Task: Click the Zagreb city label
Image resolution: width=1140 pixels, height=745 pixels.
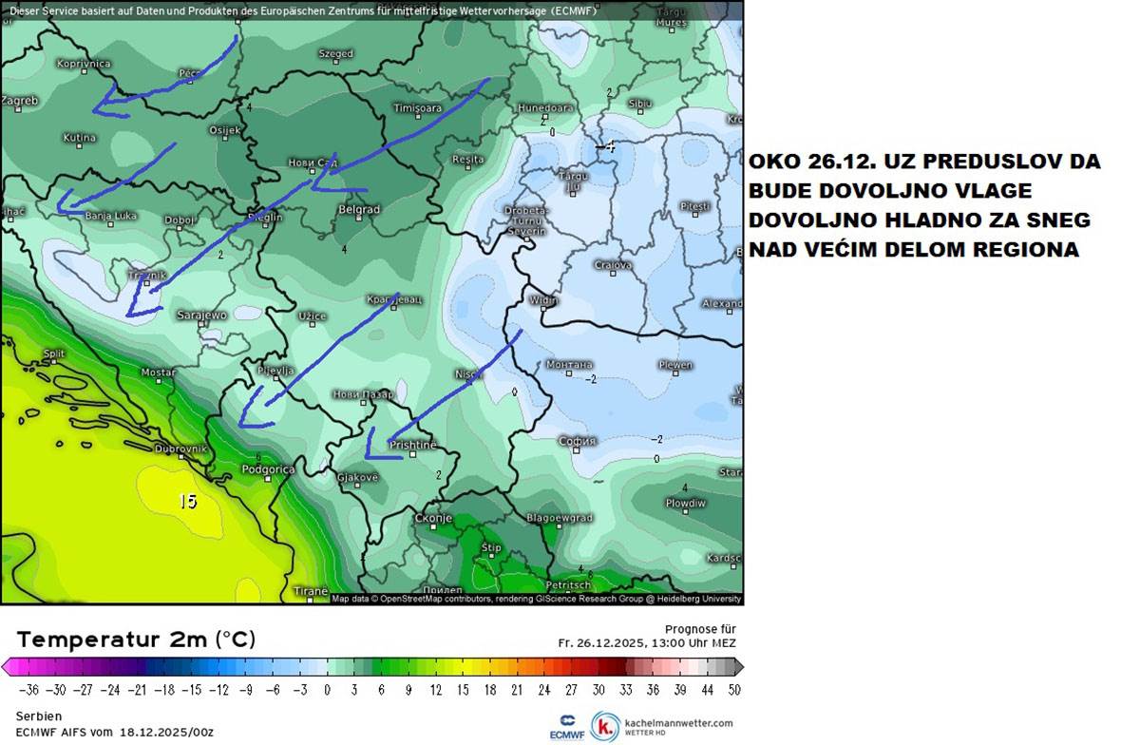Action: tap(20, 100)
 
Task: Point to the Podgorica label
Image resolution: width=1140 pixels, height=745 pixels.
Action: tap(269, 468)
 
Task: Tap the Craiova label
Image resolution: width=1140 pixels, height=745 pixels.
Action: tap(613, 265)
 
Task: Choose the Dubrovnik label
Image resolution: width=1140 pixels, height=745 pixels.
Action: tap(180, 448)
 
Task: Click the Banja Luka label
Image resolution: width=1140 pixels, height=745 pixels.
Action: tap(111, 216)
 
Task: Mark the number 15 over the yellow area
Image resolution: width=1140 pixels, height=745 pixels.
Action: tap(188, 501)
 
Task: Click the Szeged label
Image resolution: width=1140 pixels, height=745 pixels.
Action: tap(335, 54)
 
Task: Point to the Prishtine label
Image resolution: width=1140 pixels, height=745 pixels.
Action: tap(413, 445)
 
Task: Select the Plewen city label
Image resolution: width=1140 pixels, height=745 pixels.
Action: tap(675, 365)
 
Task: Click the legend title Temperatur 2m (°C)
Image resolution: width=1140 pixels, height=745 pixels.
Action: tap(136, 640)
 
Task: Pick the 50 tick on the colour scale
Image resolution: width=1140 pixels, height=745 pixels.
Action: tap(734, 690)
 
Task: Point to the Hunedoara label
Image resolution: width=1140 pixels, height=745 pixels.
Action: tap(544, 108)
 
